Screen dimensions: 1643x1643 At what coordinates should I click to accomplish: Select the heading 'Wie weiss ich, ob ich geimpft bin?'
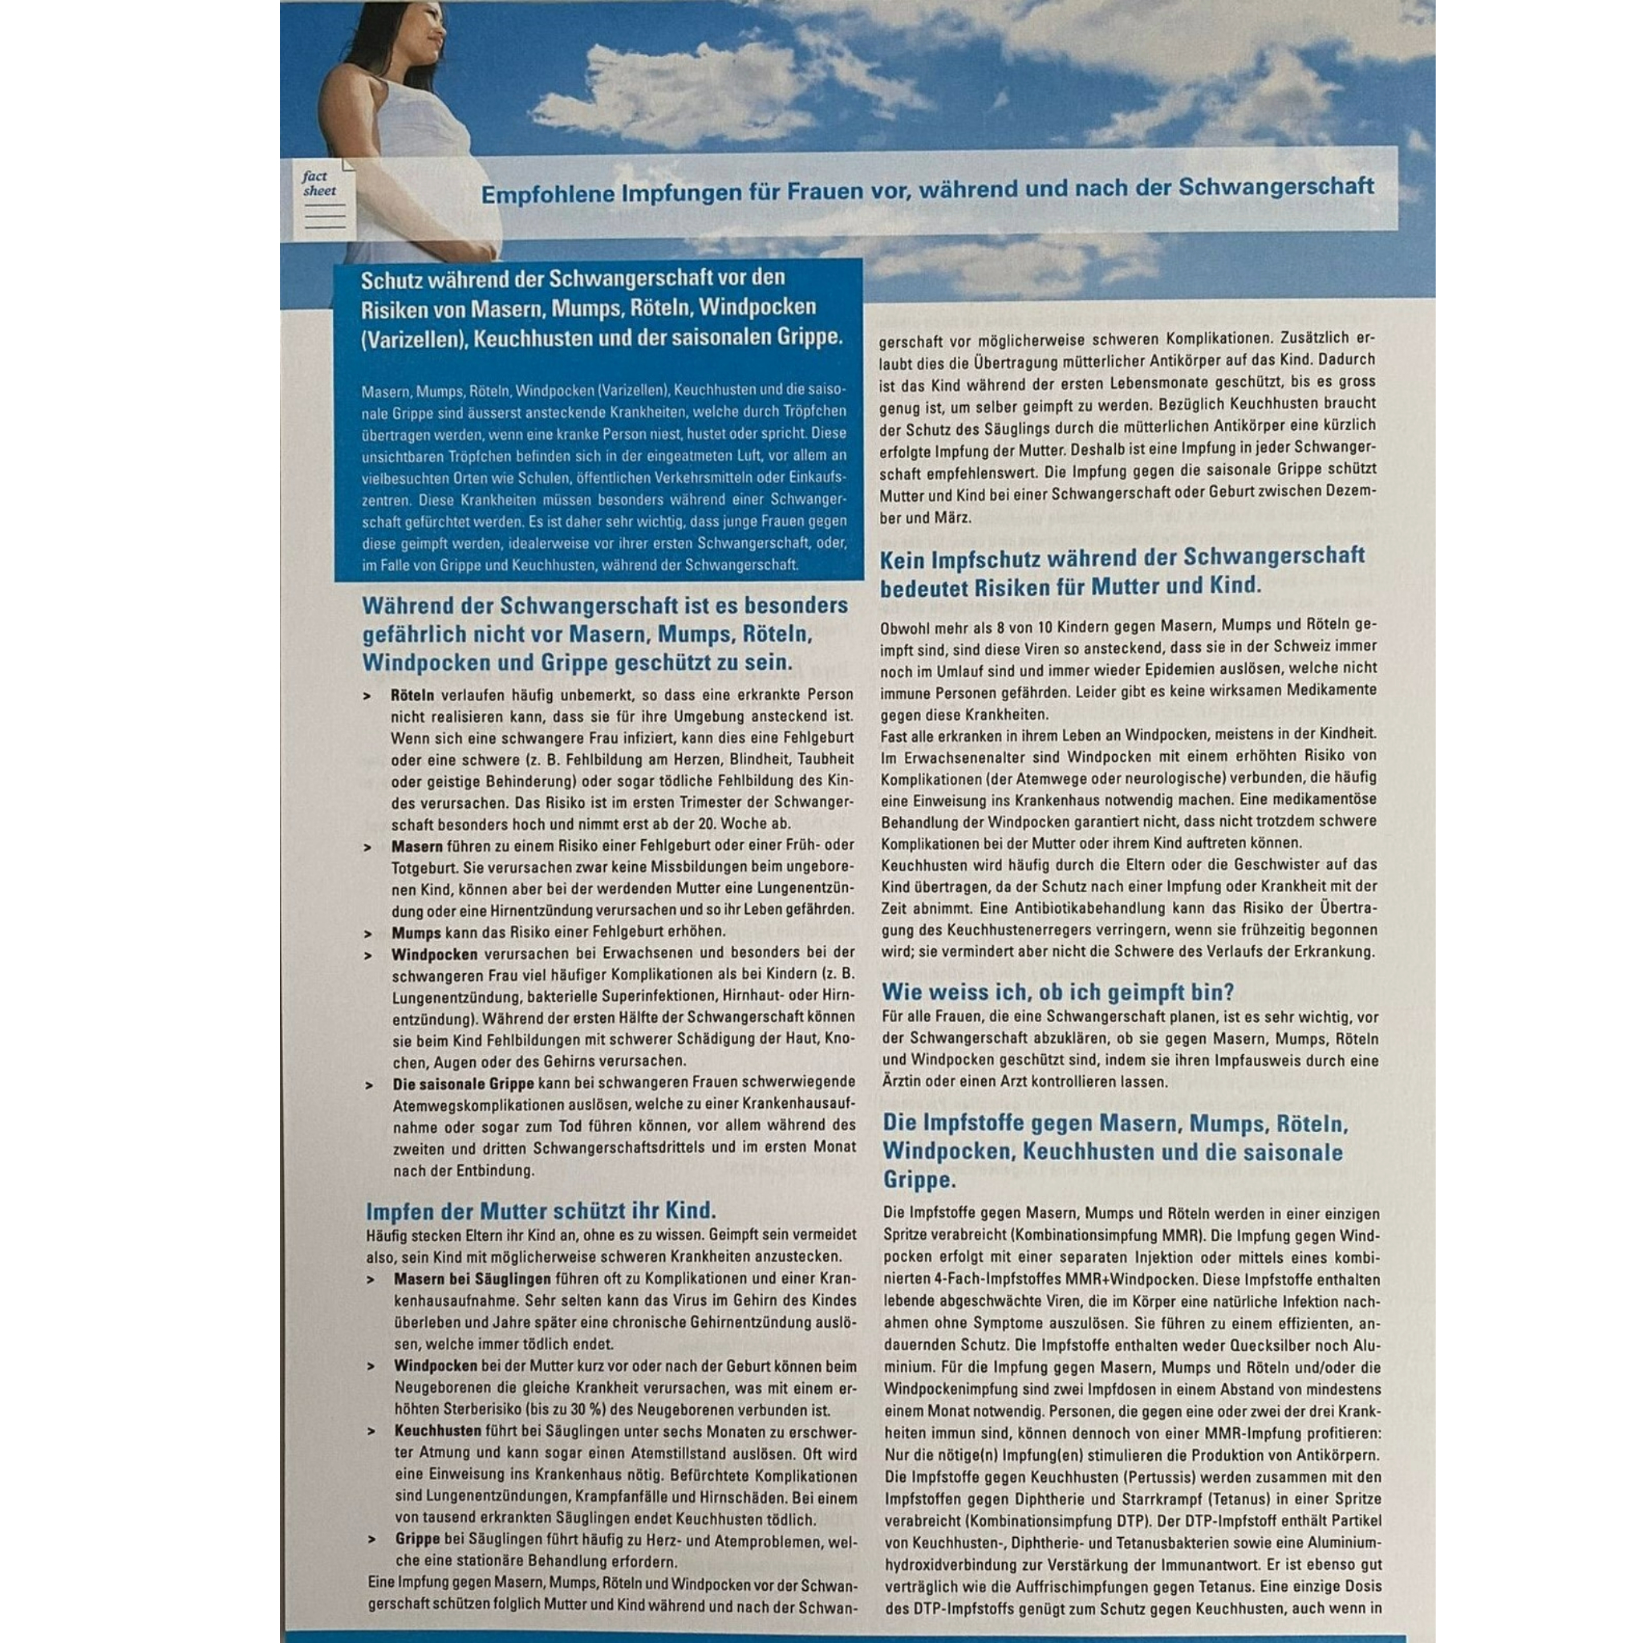coord(1058,991)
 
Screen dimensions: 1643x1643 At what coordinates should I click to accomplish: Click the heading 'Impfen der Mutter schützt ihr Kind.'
coord(540,1210)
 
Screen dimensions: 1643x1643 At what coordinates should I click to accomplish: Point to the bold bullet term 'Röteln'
coord(412,695)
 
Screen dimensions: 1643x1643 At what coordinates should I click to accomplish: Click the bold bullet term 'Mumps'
coord(416,931)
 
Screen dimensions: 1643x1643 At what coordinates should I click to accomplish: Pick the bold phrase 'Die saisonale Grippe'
coord(464,1083)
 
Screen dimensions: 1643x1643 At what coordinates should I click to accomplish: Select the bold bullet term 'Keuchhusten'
coord(438,1430)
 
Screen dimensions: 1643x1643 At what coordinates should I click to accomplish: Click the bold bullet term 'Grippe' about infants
coord(417,1540)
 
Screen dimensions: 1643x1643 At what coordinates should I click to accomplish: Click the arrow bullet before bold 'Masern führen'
coord(367,847)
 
